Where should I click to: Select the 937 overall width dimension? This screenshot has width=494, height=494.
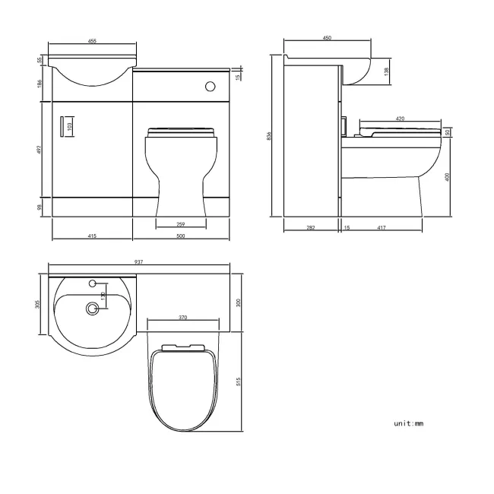click(139, 261)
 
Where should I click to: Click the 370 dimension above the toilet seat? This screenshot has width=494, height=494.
click(183, 317)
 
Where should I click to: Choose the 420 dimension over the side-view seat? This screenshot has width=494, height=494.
click(399, 119)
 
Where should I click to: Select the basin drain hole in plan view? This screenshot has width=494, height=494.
click(93, 309)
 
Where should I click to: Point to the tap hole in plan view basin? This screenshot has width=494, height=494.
click(93, 283)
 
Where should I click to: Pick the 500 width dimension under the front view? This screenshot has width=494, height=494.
click(181, 236)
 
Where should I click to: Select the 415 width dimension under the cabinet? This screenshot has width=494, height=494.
click(91, 236)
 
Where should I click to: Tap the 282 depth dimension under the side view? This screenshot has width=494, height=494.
click(310, 226)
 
